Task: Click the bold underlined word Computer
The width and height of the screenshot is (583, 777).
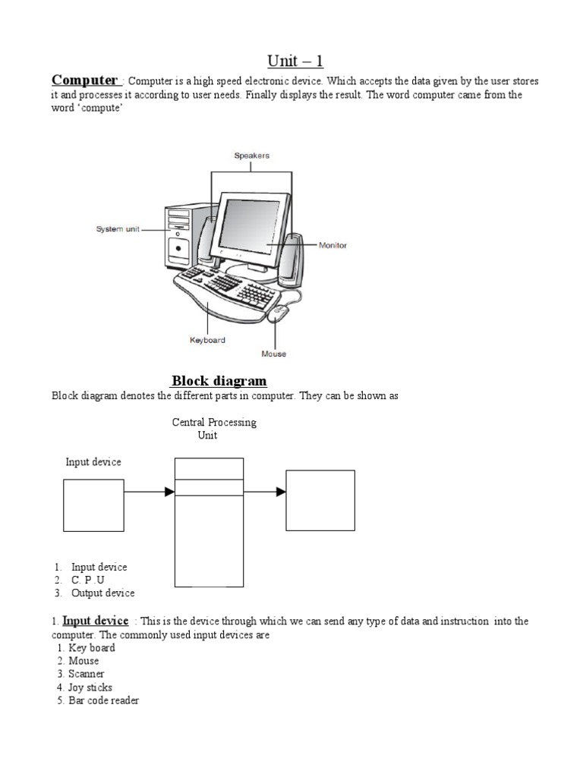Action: (84, 80)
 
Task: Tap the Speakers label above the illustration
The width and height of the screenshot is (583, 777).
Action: (251, 156)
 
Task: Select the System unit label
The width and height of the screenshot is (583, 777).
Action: (117, 228)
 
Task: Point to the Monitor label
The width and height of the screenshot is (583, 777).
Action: (332, 246)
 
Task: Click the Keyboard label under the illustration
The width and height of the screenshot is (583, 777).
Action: (207, 341)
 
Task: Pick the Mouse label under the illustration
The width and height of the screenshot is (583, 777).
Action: (273, 354)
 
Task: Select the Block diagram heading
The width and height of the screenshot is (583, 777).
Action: (219, 381)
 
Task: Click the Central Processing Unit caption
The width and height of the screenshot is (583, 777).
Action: (214, 429)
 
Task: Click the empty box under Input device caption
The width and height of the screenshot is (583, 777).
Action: (93, 505)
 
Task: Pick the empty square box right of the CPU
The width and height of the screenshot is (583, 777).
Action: (320, 500)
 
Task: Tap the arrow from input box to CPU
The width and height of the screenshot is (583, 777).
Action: (149, 492)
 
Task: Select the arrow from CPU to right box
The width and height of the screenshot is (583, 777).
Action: (265, 492)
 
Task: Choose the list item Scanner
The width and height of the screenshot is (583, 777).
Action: (86, 674)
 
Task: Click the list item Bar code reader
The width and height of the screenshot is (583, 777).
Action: (103, 700)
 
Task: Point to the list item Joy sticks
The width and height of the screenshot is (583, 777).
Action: (90, 687)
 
